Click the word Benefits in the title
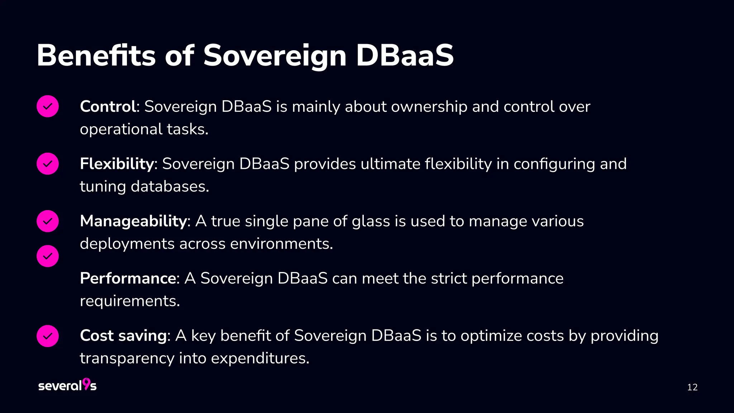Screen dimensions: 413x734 point(96,56)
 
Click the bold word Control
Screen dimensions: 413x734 point(108,106)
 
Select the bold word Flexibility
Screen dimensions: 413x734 point(117,164)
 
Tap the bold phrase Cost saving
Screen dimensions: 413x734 point(123,336)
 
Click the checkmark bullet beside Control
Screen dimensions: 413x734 point(48,106)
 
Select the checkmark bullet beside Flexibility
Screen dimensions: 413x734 point(48,163)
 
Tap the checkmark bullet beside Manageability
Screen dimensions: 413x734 point(48,221)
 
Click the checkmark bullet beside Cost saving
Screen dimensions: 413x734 point(48,336)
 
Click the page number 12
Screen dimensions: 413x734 point(692,387)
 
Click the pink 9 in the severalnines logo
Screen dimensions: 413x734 point(86,384)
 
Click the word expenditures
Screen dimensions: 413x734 point(260,358)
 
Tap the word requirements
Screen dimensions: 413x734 point(129,301)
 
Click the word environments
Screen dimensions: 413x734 point(281,244)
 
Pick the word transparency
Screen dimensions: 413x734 point(127,358)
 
